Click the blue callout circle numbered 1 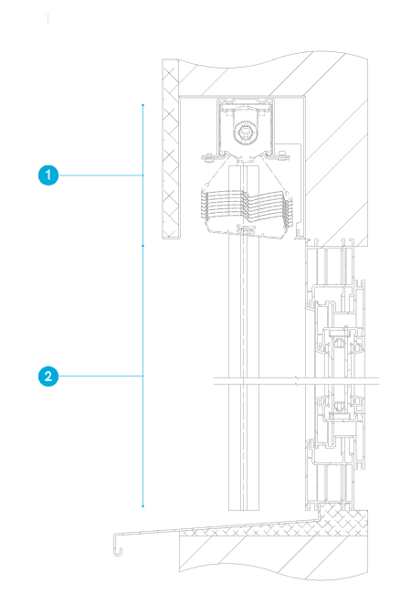pos(48,175)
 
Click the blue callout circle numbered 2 pos(48,377)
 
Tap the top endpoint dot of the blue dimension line pos(142,105)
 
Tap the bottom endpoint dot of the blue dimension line pos(142,506)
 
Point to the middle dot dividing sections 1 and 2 pos(142,246)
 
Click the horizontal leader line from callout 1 pos(100,175)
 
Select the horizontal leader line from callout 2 pos(100,377)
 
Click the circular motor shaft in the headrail pos(246,133)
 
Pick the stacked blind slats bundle pos(246,208)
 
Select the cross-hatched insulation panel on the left pos(171,149)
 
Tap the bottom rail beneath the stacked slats pos(246,230)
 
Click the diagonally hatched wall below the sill pos(272,557)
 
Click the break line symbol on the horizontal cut pos(297,381)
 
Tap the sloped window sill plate pos(216,527)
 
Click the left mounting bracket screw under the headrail pos(206,157)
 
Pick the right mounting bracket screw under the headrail pos(282,156)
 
